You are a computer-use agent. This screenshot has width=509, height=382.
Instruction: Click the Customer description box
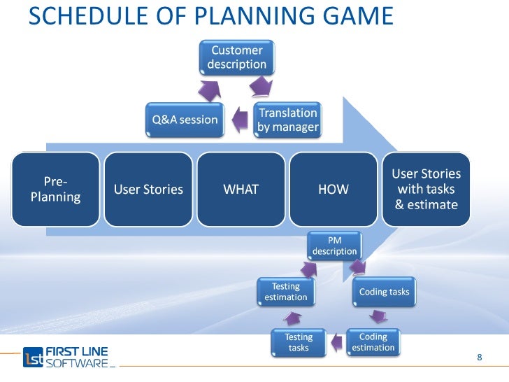[237, 57]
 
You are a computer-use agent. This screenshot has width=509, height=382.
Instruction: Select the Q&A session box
[185, 119]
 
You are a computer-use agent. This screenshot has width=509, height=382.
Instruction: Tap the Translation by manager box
[287, 119]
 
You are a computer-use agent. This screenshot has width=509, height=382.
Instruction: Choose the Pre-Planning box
[55, 189]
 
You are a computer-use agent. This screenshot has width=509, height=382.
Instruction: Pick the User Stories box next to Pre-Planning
[148, 189]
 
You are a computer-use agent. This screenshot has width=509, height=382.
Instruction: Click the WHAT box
[241, 189]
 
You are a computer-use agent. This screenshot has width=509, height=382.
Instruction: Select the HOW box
[334, 189]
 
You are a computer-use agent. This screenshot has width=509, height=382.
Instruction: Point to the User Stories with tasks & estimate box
[426, 189]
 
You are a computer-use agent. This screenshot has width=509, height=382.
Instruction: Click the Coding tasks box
[384, 291]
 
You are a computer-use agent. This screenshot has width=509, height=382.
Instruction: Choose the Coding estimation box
[373, 342]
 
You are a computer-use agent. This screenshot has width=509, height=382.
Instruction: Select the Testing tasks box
[299, 342]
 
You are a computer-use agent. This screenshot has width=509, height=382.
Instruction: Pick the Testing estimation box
[285, 292]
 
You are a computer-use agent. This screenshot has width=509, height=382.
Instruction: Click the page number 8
[480, 358]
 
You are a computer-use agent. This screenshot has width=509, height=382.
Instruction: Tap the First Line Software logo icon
[34, 358]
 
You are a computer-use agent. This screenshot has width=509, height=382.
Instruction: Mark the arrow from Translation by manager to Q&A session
[239, 119]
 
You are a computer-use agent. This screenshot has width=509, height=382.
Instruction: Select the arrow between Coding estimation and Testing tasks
[336, 342]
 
